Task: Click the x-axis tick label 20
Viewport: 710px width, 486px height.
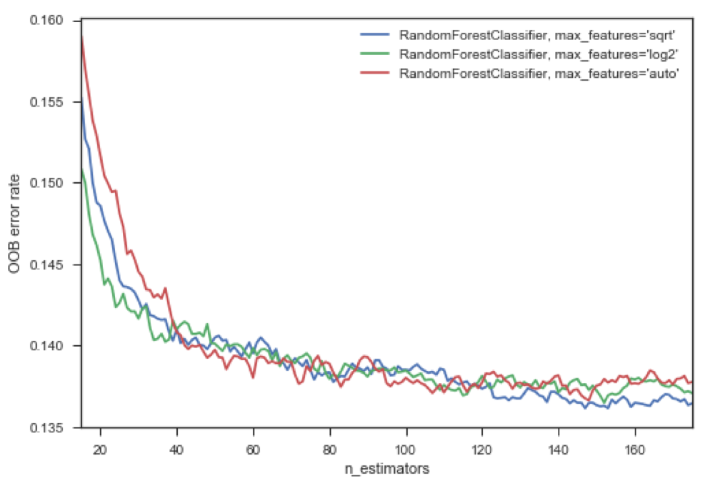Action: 101,443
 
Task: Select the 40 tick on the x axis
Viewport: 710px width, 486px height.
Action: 177,443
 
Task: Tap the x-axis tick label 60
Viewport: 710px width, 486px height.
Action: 254,443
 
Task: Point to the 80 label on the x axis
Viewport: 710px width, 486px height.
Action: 330,443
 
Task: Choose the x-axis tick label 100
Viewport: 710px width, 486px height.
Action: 406,443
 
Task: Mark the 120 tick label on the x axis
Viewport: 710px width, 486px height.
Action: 483,443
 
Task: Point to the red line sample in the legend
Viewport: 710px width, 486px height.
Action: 374,73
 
